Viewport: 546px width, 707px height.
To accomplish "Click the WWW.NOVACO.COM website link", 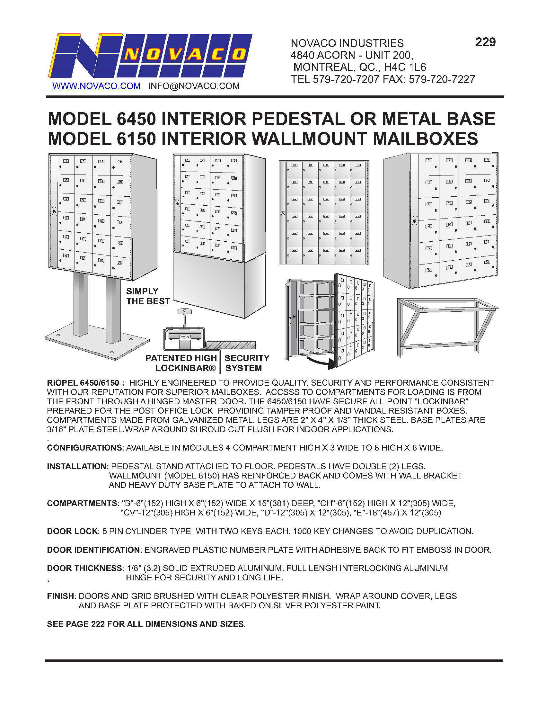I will pyautogui.click(x=96, y=86).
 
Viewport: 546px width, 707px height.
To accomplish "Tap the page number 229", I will pyautogui.click(x=485, y=42).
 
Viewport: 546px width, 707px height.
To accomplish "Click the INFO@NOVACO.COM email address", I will pyautogui.click(x=194, y=86).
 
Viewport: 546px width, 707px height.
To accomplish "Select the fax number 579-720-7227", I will pyautogui.click(x=442, y=79).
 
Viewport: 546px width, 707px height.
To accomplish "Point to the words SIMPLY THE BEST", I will pyautogui.click(x=148, y=296).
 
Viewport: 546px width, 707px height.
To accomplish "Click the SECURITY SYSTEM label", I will pyautogui.click(x=247, y=363).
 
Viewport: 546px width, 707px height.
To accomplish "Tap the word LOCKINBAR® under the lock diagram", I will pyautogui.click(x=185, y=368).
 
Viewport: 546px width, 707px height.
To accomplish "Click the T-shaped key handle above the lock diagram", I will pyautogui.click(x=184, y=312).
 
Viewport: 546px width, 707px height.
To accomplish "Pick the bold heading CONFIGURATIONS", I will pyautogui.click(x=85, y=448).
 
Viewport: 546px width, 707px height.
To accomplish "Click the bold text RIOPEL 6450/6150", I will pyautogui.click(x=83, y=383).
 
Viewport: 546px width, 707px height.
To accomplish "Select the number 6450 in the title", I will pyautogui.click(x=136, y=119).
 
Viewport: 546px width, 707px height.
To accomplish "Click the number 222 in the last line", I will pyautogui.click(x=98, y=624).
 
